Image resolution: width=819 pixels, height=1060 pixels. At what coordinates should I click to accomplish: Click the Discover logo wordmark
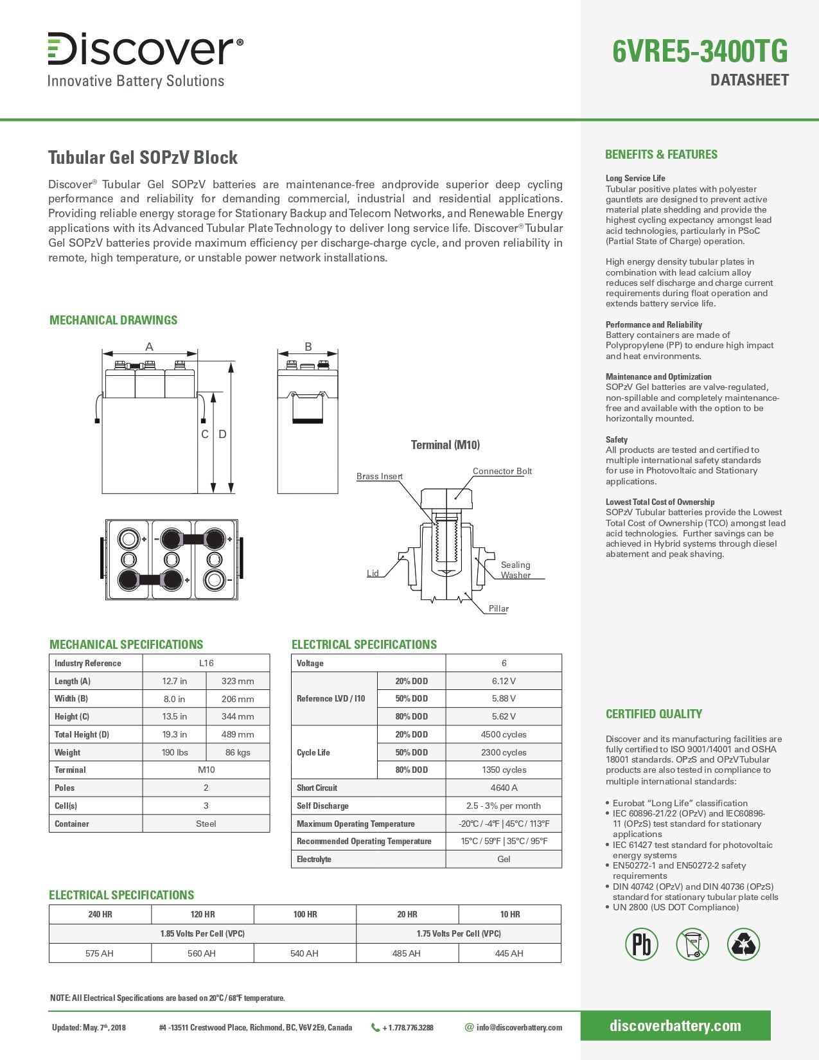pyautogui.click(x=145, y=49)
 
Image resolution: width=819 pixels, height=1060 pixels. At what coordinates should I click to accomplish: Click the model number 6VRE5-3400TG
pyautogui.click(x=700, y=52)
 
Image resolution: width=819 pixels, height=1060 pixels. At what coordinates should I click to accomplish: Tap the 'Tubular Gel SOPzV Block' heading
pyautogui.click(x=143, y=157)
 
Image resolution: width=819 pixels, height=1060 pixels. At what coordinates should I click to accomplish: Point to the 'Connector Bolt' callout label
pyautogui.click(x=502, y=471)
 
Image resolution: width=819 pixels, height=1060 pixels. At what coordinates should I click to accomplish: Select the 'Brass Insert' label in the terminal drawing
pyautogui.click(x=379, y=476)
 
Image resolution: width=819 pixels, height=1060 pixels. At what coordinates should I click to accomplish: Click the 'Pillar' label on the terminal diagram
pyautogui.click(x=498, y=608)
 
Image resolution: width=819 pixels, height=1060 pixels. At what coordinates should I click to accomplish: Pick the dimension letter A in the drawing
pyautogui.click(x=149, y=347)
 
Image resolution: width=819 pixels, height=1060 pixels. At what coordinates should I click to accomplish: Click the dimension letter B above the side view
pyautogui.click(x=308, y=347)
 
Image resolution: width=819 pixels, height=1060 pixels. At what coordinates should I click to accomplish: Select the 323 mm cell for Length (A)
pyautogui.click(x=237, y=681)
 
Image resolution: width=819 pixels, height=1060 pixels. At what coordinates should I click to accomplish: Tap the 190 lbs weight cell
pyautogui.click(x=174, y=752)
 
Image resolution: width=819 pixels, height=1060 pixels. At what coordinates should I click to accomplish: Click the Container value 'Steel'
pyautogui.click(x=206, y=824)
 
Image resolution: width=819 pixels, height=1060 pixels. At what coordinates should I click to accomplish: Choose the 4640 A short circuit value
pyautogui.click(x=504, y=788)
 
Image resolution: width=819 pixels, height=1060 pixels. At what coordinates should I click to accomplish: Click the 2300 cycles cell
pyautogui.click(x=504, y=752)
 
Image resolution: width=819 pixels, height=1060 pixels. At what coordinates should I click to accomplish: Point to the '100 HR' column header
pyautogui.click(x=304, y=914)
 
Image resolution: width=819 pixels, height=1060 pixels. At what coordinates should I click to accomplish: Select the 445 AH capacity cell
pyautogui.click(x=509, y=953)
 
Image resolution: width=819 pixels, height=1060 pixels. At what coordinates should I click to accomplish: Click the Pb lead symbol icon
pyautogui.click(x=641, y=944)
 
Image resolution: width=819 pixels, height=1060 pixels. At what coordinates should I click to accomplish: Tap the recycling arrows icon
pyautogui.click(x=743, y=944)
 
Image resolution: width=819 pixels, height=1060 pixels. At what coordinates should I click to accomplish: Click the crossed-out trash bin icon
pyautogui.click(x=692, y=944)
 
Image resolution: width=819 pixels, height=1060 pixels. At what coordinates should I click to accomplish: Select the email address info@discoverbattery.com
pyautogui.click(x=519, y=1027)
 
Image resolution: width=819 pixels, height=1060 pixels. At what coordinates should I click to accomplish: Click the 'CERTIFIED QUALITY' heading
pyautogui.click(x=653, y=714)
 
